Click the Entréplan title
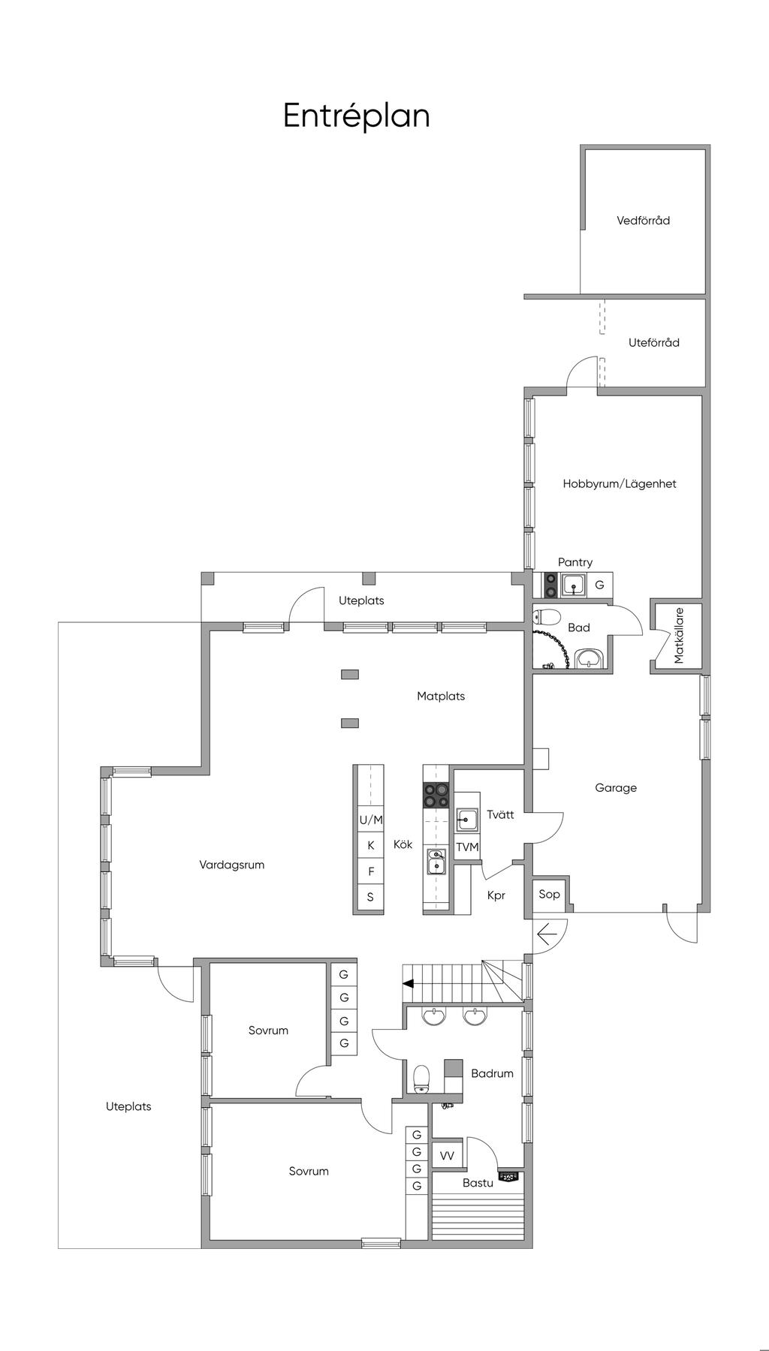coord(356,116)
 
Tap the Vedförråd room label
coord(643,221)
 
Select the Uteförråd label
coord(654,342)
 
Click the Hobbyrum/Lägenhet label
coord(620,484)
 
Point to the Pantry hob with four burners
coord(550,585)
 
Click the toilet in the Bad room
coord(547,618)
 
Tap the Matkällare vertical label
coord(680,636)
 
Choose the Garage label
coord(616,788)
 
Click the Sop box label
coord(549,894)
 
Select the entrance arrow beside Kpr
coord(547,934)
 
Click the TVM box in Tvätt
coord(467,847)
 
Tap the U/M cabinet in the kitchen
coord(370,820)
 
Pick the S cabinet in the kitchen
coord(370,897)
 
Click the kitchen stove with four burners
coord(436,795)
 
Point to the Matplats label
coord(441,697)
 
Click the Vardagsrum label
coord(232,865)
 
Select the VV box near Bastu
coord(447,1157)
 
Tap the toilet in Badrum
coord(422,1077)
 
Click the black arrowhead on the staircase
coord(408,983)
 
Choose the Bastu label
coord(478,1183)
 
